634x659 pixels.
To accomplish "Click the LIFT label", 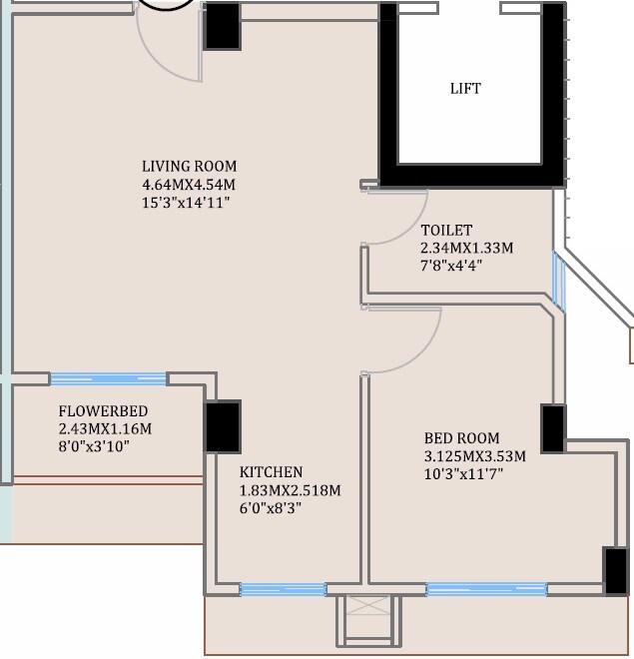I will (x=465, y=89).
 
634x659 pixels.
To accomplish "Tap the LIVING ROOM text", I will (x=189, y=166).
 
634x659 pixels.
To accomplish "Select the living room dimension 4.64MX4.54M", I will (x=189, y=185).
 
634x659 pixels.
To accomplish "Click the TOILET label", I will (x=446, y=230).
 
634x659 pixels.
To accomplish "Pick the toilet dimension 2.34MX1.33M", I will (x=466, y=248).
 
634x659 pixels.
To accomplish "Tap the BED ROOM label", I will (x=461, y=438).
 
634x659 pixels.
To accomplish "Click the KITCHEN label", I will (x=271, y=472).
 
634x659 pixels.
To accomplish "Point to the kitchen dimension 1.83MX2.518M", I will (x=290, y=490).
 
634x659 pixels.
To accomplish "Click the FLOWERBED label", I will (x=104, y=410).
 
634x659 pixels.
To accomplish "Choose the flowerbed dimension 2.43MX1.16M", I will (x=105, y=428).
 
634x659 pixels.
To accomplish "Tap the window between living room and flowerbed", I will (x=108, y=379).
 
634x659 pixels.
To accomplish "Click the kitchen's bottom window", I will (x=283, y=590).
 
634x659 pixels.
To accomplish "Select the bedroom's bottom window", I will (x=486, y=590).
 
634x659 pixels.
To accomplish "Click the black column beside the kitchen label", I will (x=223, y=426).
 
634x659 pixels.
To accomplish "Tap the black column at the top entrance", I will (x=222, y=26).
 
